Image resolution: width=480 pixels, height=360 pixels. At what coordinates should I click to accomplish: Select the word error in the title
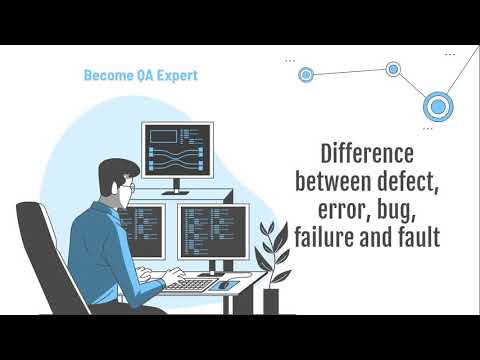click(x=347, y=212)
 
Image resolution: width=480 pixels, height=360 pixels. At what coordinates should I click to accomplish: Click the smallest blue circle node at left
click(x=306, y=73)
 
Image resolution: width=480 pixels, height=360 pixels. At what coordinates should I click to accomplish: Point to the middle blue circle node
click(x=393, y=69)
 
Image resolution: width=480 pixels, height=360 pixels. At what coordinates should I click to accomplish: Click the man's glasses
click(x=130, y=187)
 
